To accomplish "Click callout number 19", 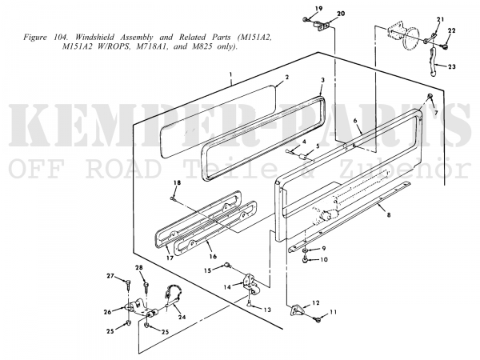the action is coord(318,8).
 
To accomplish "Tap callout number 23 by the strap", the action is coord(451,66).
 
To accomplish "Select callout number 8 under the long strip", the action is coord(389,215).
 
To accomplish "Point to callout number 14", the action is coord(227,287).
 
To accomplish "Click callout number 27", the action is coord(110,276).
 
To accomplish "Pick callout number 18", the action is coord(177,183).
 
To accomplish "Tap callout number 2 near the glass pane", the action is coord(287,77).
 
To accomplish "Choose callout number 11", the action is coord(333,312).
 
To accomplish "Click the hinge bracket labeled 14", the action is coord(250,282).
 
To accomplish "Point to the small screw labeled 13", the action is coord(250,304).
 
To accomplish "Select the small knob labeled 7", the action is coord(430,97).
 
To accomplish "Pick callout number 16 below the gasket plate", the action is coord(213,256).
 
